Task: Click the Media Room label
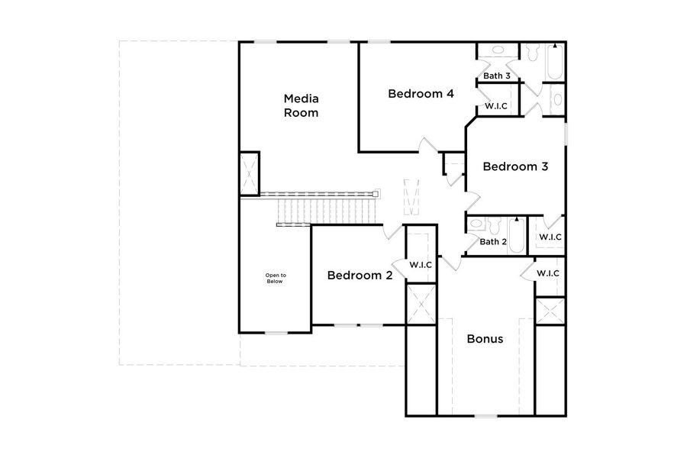coord(301,105)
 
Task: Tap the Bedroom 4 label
coord(421,94)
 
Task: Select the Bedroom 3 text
coord(515,166)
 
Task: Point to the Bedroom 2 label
coord(360,276)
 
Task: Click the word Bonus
coord(485,339)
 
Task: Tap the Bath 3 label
coord(497,76)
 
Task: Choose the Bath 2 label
coord(493,242)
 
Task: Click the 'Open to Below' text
coord(275,278)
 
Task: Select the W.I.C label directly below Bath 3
coord(498,107)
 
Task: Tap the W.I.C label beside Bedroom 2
coord(421,265)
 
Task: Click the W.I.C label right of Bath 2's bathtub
coord(550,237)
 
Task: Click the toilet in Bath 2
coord(495,225)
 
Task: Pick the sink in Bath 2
coord(476,224)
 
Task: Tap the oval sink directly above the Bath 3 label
coord(497,50)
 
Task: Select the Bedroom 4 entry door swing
coord(427,145)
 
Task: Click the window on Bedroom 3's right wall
coord(566,131)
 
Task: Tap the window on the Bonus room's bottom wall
coord(485,416)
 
